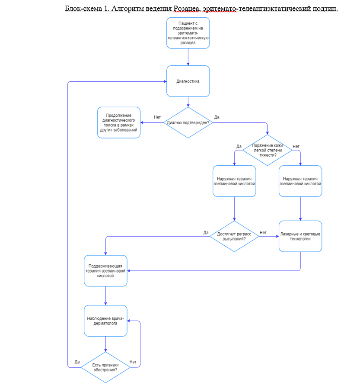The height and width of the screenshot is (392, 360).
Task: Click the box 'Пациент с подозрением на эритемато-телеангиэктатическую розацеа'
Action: point(188,32)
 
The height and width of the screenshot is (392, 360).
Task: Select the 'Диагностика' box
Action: point(188,81)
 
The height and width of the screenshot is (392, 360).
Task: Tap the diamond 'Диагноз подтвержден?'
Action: point(188,122)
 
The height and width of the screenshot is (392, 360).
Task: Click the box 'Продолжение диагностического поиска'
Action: point(119,122)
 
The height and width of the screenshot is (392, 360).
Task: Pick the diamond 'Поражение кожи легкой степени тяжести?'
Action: point(267,150)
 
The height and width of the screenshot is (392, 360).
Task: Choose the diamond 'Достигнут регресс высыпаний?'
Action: point(234,236)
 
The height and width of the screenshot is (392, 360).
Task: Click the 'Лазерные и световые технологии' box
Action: point(300,236)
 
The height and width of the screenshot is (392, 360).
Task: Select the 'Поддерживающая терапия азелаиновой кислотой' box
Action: point(106,270)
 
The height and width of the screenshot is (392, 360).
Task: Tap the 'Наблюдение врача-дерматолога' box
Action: point(106,321)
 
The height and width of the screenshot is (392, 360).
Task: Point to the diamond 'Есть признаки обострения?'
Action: point(105,367)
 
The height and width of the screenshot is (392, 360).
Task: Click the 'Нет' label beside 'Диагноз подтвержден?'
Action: point(157,117)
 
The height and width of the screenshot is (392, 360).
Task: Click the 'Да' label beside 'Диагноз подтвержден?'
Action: point(217,117)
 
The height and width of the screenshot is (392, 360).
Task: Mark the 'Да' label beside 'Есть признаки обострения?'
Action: point(77,362)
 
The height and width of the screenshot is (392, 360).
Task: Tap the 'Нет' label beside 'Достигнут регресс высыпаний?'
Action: point(263,233)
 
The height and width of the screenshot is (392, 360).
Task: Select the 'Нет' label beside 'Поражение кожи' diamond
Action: point(296,146)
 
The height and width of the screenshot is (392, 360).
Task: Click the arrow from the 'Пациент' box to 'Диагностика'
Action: point(188,56)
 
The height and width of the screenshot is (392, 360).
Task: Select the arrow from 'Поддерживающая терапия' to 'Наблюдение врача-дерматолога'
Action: point(106,296)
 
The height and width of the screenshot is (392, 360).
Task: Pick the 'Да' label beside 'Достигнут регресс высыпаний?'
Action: point(206,233)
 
